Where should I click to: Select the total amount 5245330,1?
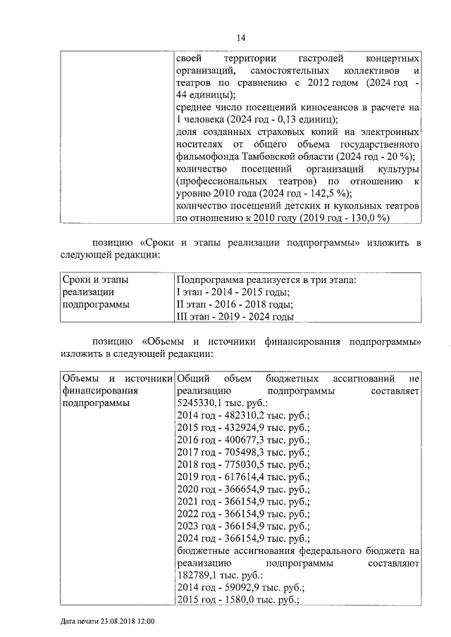[201, 403]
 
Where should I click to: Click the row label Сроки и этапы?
[95, 280]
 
